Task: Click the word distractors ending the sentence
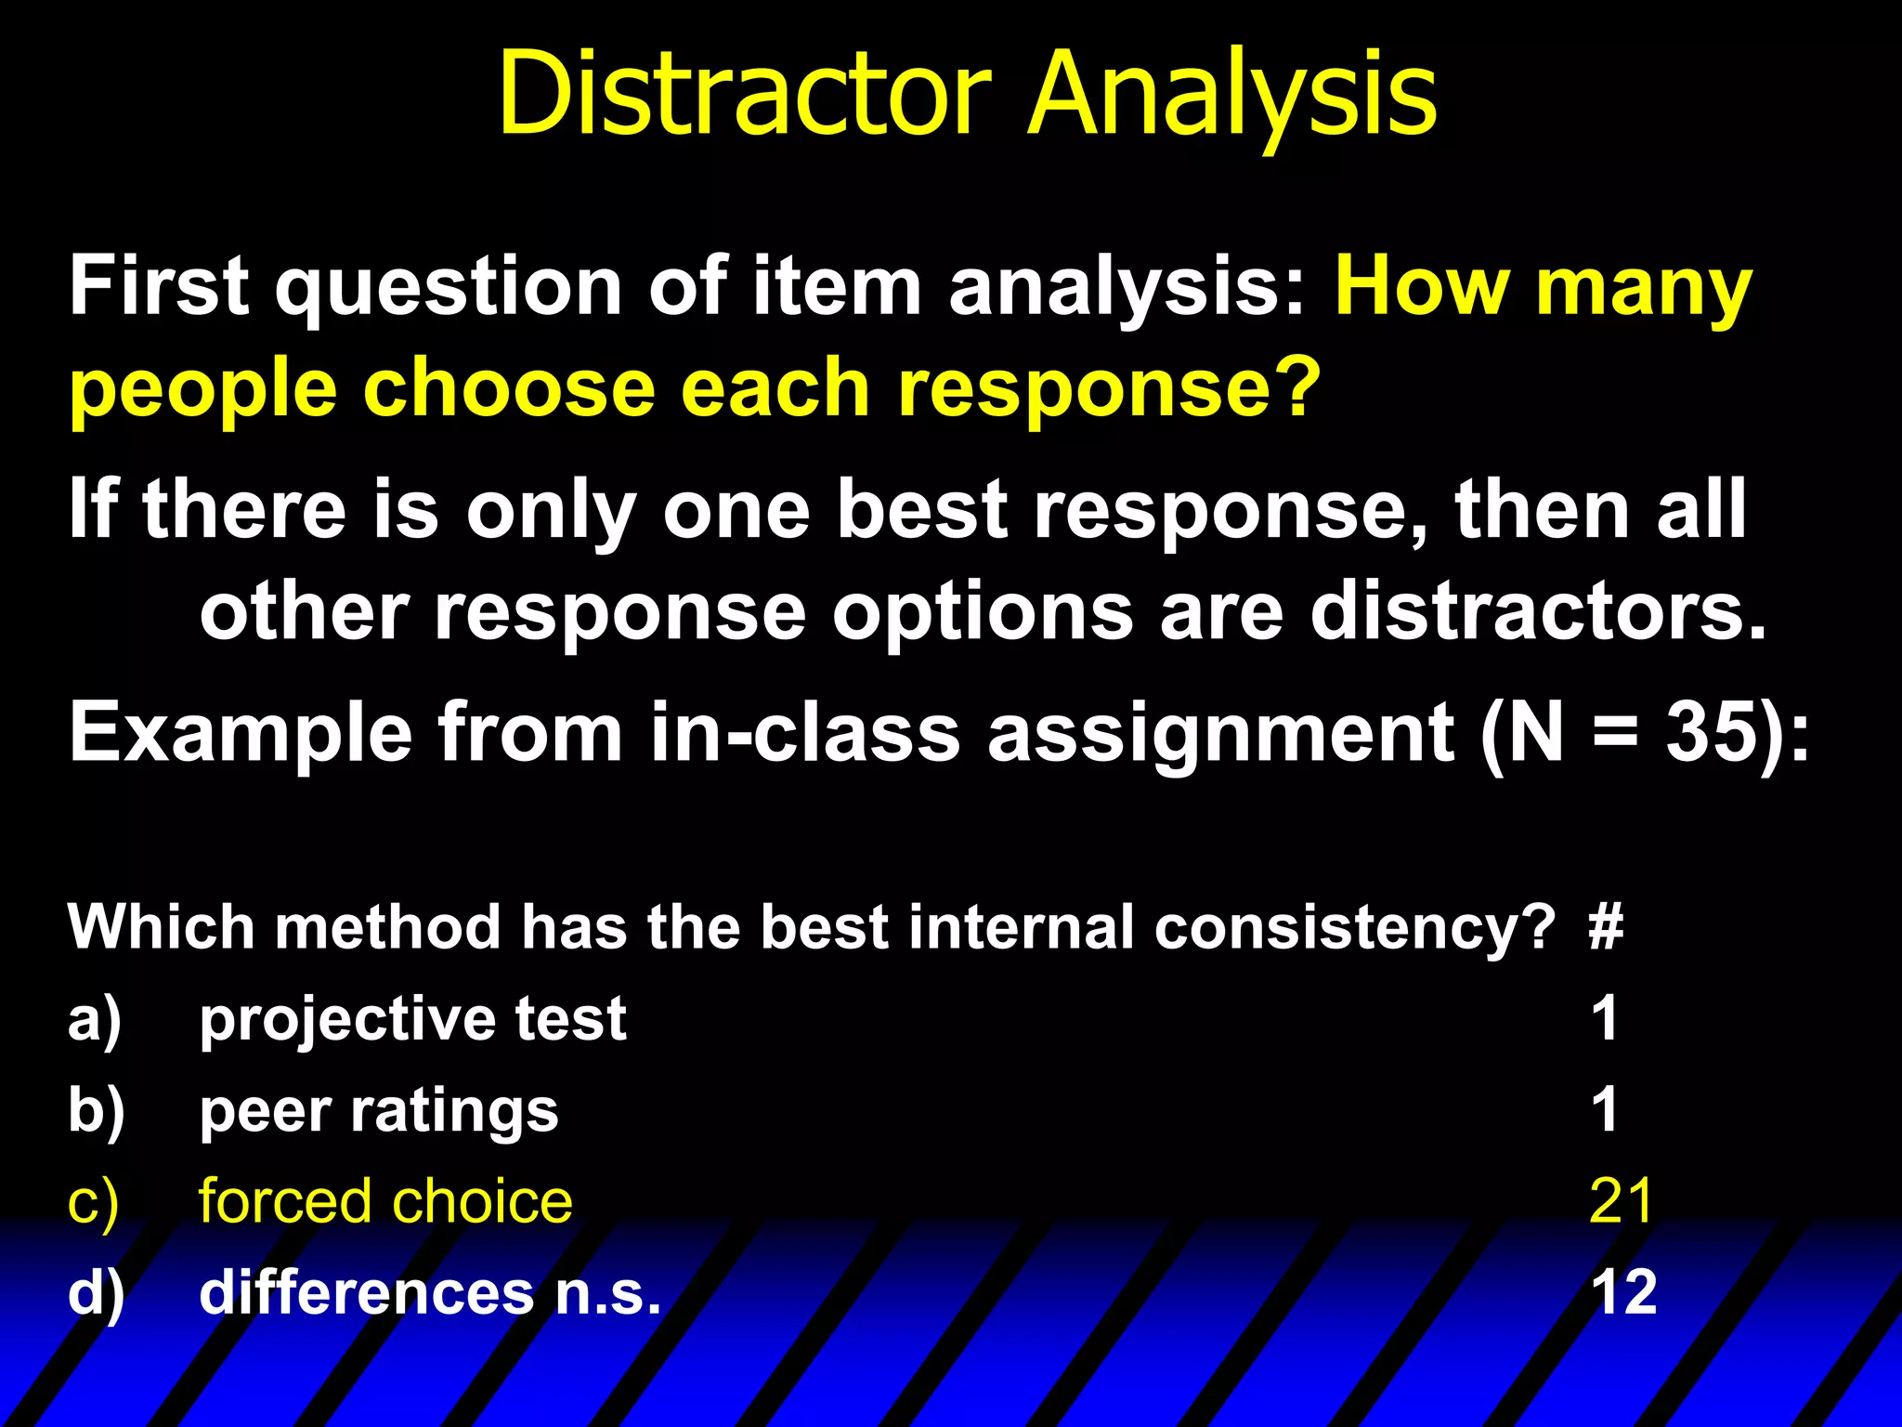(1537, 612)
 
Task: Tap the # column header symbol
(1606, 927)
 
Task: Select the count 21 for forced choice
(1622, 1201)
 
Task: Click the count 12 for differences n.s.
(1623, 1292)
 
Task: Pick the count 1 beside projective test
(1605, 1018)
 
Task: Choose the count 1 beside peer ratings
(1605, 1109)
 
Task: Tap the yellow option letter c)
(93, 1203)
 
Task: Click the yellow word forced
(283, 1201)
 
